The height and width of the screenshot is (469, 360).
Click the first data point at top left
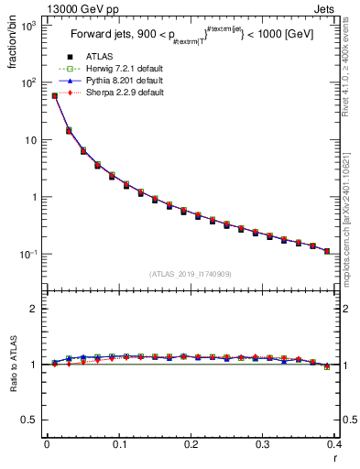(54, 95)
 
